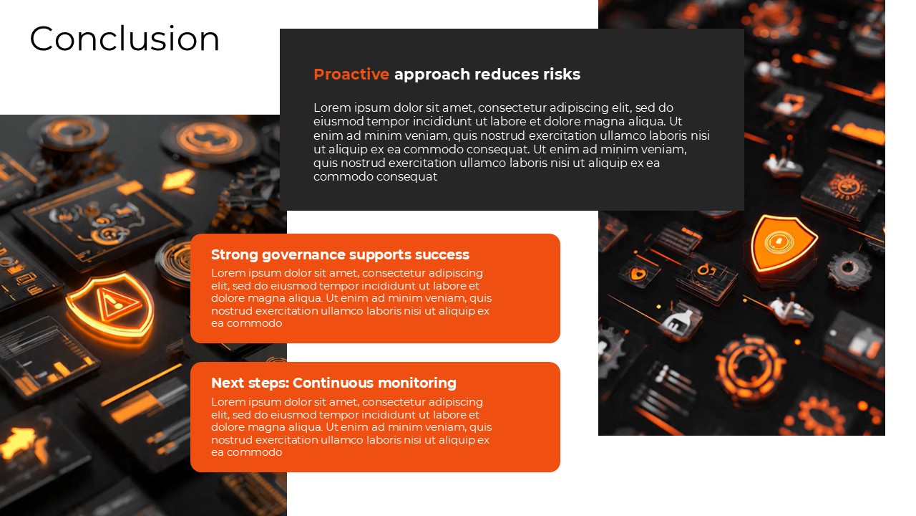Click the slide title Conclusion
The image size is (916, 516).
click(x=125, y=39)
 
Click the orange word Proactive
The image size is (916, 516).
click(x=351, y=75)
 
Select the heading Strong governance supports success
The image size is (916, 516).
click(x=340, y=254)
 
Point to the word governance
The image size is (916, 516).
click(x=305, y=254)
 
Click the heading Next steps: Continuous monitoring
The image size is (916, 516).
click(x=333, y=383)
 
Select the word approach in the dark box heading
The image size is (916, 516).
click(x=432, y=75)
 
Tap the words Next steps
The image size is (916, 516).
click(x=248, y=383)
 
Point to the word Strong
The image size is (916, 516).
click(x=235, y=254)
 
